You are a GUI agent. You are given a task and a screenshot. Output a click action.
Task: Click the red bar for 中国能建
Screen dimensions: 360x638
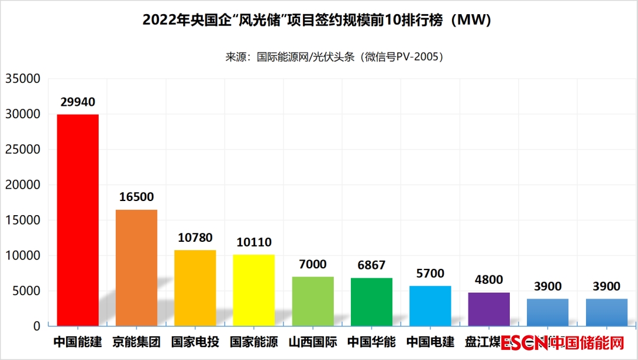point(77,220)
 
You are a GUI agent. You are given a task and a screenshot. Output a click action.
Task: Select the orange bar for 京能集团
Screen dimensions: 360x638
point(136,267)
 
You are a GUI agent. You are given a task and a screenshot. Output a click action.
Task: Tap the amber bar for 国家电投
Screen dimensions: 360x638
point(195,288)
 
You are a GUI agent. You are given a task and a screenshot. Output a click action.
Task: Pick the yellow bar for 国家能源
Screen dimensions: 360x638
point(254,290)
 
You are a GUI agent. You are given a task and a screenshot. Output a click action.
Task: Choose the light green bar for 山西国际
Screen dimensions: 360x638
point(313,301)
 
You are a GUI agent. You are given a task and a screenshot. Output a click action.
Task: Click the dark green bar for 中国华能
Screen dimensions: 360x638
point(372,301)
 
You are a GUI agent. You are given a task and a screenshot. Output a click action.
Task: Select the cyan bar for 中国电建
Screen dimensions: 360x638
point(430,306)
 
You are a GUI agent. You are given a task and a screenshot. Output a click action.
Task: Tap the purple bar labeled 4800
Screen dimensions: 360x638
point(489,309)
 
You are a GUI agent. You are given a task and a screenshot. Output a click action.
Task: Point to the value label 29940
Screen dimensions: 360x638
point(77,102)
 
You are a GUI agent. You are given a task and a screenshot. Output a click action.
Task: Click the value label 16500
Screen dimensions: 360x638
point(136,197)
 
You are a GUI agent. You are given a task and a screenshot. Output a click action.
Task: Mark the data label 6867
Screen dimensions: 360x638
point(372,265)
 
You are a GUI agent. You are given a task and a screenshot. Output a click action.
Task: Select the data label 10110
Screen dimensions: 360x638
point(254,242)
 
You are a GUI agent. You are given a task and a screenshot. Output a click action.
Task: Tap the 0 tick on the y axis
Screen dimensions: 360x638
point(37,326)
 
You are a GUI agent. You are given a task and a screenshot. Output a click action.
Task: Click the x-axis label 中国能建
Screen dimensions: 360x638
point(77,342)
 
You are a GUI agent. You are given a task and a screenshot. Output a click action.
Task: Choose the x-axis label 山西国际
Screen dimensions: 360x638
point(313,342)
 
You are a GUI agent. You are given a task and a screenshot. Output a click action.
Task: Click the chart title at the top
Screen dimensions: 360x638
point(318,21)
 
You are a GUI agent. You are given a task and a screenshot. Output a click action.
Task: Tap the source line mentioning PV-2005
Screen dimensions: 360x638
point(334,57)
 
